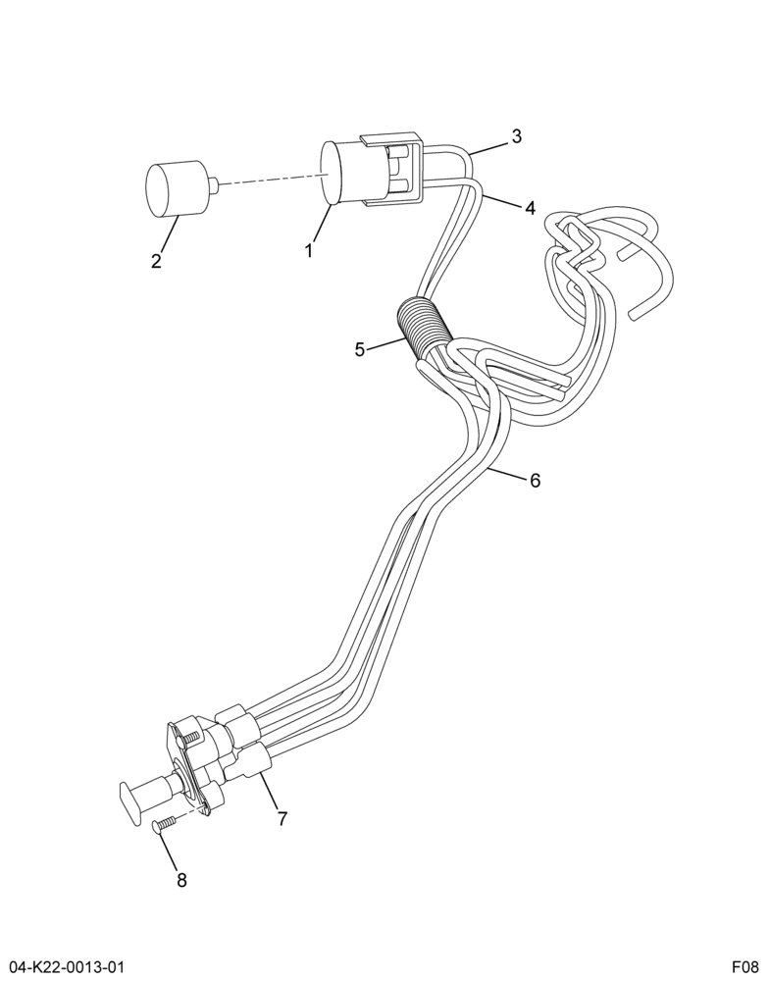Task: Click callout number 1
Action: click(x=309, y=251)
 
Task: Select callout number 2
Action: click(x=156, y=260)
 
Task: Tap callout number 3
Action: click(x=516, y=136)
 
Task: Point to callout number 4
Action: click(x=530, y=208)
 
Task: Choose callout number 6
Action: click(x=535, y=481)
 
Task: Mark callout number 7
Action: click(x=282, y=818)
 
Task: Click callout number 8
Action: click(x=181, y=880)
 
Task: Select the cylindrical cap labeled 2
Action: click(x=176, y=188)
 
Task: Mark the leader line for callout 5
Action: click(x=384, y=344)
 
